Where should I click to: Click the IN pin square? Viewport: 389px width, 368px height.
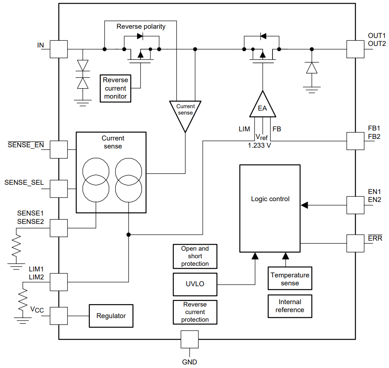[59, 49]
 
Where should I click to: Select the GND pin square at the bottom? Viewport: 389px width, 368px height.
[190, 339]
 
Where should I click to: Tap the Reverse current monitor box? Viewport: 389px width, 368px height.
[115, 88]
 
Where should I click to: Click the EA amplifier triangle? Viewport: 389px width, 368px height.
[263, 106]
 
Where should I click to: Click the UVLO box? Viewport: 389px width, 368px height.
[195, 284]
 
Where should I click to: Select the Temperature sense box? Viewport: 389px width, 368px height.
[290, 279]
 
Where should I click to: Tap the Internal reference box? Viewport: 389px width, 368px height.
[290, 306]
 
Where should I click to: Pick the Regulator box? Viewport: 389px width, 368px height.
[111, 316]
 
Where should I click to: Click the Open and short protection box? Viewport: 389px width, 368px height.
[195, 256]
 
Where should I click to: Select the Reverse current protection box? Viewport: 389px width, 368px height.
[195, 312]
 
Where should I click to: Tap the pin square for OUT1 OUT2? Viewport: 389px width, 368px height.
[355, 49]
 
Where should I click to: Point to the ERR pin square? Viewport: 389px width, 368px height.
[355, 243]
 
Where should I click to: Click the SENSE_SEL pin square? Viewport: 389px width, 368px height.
[59, 189]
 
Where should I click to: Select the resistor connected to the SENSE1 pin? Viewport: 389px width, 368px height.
[16, 247]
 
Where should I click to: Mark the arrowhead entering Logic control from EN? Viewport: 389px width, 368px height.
[304, 205]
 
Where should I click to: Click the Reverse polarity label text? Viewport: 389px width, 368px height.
[141, 27]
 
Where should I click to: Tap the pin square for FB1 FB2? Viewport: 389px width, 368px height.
[355, 141]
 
